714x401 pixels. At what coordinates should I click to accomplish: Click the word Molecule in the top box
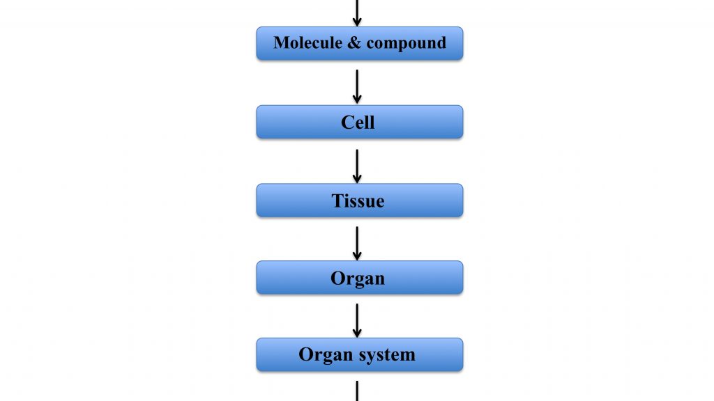click(307, 42)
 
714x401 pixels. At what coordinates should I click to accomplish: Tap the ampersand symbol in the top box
click(354, 42)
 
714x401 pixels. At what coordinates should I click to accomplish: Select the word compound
click(407, 43)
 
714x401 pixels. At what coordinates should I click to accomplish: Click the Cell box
click(360, 122)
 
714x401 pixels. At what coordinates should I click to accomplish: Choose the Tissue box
click(360, 200)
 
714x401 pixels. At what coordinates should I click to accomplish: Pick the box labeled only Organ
click(360, 277)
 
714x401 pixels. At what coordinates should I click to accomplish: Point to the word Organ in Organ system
click(321, 355)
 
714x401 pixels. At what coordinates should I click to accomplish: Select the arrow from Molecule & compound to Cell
click(357, 86)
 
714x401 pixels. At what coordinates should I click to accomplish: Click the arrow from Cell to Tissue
click(357, 166)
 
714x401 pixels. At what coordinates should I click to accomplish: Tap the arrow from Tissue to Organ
click(357, 243)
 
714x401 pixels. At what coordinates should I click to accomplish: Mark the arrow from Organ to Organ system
click(357, 320)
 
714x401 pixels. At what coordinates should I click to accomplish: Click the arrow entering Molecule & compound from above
click(357, 13)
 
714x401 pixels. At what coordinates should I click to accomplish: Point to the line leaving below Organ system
click(357, 391)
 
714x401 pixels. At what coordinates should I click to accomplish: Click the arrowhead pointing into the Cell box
click(357, 99)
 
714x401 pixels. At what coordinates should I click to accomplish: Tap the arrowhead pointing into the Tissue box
click(357, 179)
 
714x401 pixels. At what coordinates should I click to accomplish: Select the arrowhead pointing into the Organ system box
click(357, 333)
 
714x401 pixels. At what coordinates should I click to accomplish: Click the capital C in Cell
click(348, 123)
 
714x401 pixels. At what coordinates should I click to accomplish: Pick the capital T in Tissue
click(338, 200)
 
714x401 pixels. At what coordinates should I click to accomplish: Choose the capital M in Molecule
click(283, 42)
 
